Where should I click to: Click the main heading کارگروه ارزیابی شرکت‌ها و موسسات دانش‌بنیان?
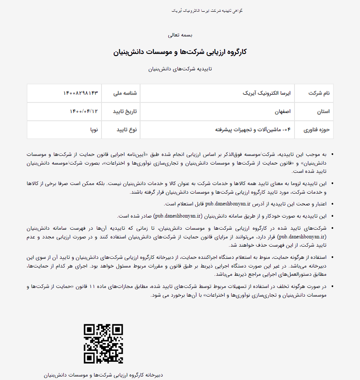pos(180,52)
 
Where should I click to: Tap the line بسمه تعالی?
pos(180,34)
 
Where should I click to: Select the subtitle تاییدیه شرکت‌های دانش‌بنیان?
pos(180,69)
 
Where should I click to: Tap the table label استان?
pos(323,112)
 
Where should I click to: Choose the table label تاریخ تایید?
pos(125,112)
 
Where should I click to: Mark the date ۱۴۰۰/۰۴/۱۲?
pos(84,112)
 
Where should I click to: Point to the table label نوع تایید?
pos(126,130)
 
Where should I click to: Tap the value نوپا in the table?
pos(94,130)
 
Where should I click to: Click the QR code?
pos(103,344)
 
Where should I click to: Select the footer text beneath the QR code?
pos(103,374)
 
